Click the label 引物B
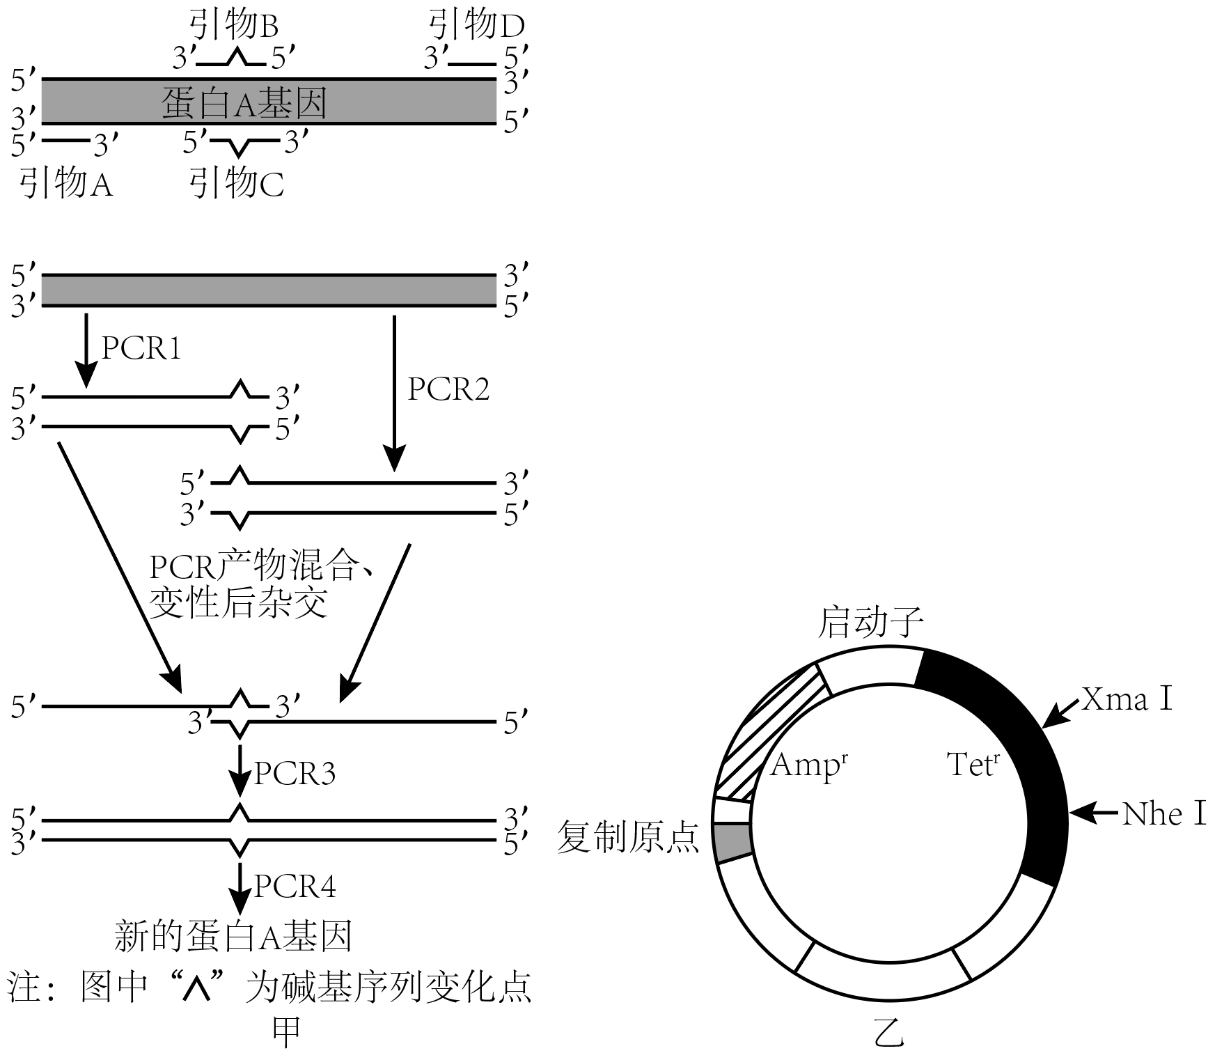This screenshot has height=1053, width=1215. tap(234, 26)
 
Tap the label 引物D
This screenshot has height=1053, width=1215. tap(476, 26)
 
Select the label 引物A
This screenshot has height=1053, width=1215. tap(66, 185)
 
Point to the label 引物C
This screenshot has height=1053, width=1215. tap(237, 185)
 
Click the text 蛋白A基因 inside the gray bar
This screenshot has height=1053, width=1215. tap(244, 103)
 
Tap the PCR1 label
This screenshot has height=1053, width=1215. tap(141, 348)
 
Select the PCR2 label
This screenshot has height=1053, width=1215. tap(448, 390)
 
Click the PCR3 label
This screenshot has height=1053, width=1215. tap(295, 774)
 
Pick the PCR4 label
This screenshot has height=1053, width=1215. tap(295, 887)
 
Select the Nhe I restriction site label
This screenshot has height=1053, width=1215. tap(1164, 813)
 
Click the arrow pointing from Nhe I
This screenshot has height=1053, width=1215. tap(1093, 813)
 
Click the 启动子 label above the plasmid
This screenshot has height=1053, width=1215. tap(870, 622)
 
